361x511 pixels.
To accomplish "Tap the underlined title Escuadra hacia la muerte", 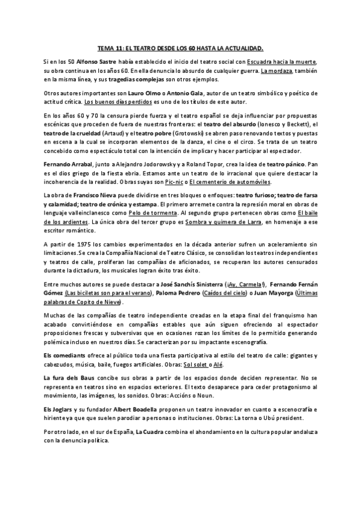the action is point(281,62).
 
